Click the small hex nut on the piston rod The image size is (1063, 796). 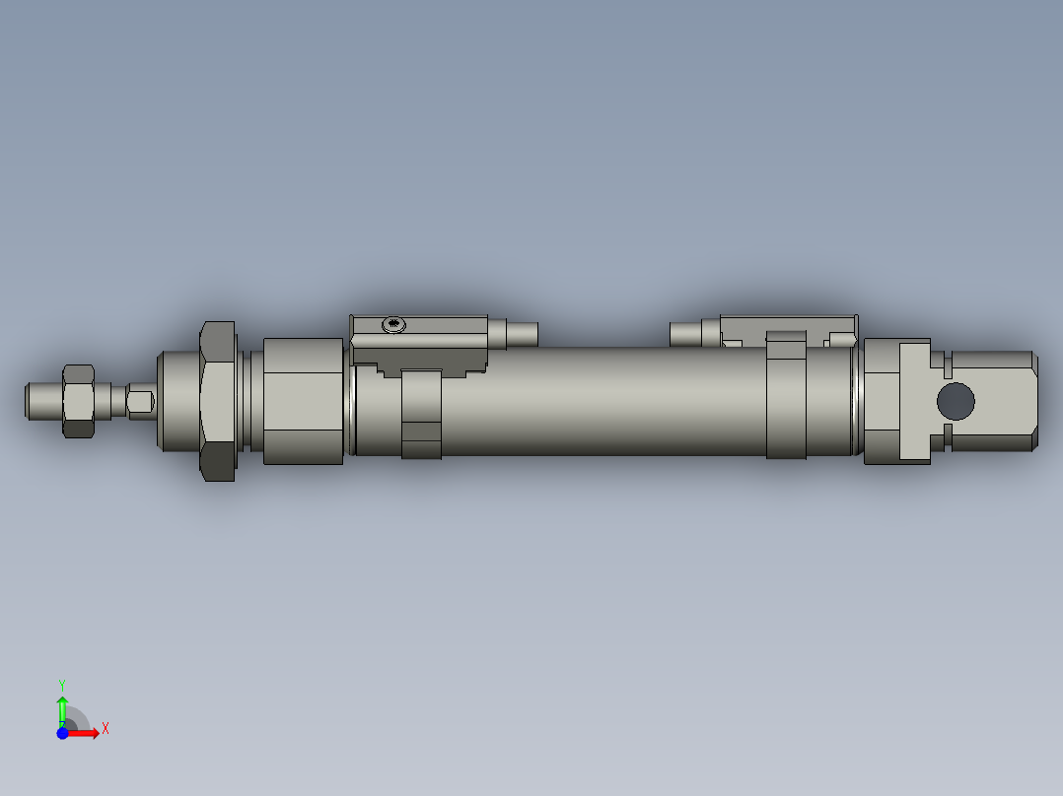79,400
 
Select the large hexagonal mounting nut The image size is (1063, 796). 218,401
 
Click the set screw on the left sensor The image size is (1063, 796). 394,324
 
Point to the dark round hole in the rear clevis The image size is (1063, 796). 955,401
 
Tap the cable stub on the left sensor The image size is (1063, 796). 523,333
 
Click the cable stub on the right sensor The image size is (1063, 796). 684,334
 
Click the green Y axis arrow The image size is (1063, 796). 62,707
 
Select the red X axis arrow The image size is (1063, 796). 85,733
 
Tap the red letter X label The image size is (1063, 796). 106,729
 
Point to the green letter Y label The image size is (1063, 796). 61,684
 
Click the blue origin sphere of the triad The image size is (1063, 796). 63,733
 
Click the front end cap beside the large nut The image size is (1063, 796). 303,400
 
